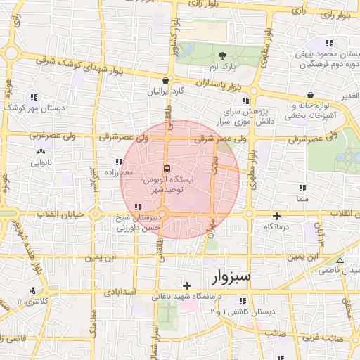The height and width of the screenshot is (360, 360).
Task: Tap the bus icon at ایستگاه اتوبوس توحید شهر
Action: [x=167, y=169]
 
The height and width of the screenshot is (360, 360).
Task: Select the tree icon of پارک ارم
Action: [x=223, y=55]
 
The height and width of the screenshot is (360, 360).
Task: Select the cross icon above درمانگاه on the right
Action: [x=276, y=217]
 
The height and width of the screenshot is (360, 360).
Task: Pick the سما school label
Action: [x=302, y=200]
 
